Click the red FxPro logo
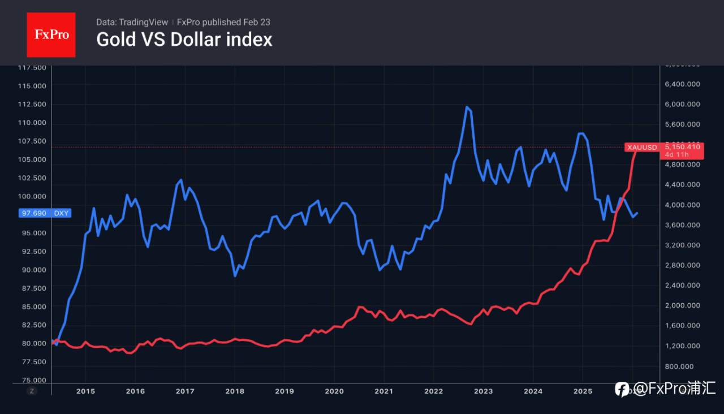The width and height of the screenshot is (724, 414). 51,34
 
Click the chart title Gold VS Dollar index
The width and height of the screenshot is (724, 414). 184,40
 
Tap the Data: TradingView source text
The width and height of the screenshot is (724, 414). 132,22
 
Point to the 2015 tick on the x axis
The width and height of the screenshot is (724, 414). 85,391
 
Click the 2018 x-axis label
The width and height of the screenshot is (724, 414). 235,391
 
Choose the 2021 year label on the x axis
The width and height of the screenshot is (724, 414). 384,391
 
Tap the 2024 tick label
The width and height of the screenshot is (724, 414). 533,391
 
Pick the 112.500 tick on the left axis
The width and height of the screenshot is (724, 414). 33,105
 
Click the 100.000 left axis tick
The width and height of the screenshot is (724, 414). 33,196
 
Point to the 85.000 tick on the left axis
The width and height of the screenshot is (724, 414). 33,307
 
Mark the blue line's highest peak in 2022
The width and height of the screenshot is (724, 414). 467,106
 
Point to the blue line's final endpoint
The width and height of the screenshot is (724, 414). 637,213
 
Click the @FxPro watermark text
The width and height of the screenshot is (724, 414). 665,389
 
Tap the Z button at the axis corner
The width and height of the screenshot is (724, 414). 32,391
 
